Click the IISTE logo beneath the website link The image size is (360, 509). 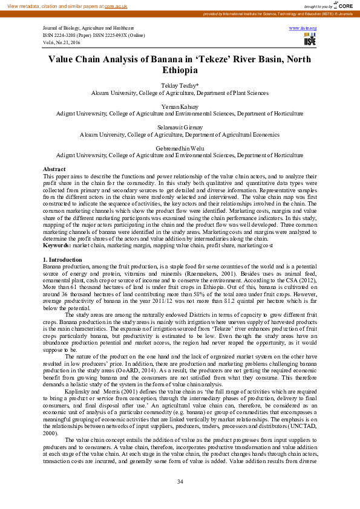(309, 39)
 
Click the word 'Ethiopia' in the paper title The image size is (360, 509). (180, 70)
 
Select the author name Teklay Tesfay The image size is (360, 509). (178, 86)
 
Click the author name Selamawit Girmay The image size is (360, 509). (180, 128)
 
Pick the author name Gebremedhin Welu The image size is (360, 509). (180, 148)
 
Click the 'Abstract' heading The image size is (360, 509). (54, 169)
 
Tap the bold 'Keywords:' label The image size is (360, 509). (57, 246)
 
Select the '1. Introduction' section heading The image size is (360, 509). (62, 259)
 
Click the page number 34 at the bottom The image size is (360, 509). (180, 481)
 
